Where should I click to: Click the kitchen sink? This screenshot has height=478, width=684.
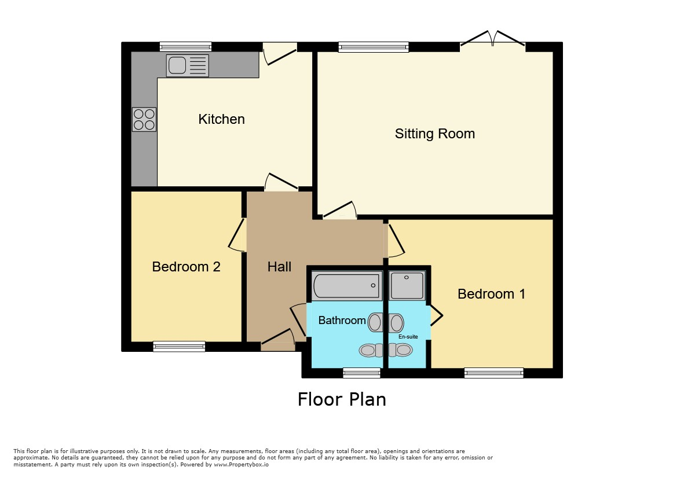[x=188, y=65]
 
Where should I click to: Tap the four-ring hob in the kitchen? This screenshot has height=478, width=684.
[x=144, y=119]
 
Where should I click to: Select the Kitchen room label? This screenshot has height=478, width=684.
[x=222, y=119]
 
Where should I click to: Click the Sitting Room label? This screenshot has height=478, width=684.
[x=435, y=133]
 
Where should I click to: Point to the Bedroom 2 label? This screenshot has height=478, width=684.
[x=186, y=267]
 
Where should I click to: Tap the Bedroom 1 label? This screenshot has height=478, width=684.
[x=491, y=294]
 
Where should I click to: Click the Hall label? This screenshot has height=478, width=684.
[x=279, y=267]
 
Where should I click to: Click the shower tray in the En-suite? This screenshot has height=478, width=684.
[x=407, y=285]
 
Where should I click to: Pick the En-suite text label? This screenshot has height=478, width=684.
[x=408, y=336]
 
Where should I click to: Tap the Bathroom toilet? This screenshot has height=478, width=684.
[x=371, y=350]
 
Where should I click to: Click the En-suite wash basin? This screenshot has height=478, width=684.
[x=396, y=323]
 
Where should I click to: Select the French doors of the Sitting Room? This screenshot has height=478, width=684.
[x=492, y=39]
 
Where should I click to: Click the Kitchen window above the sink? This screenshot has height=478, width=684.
[x=185, y=47]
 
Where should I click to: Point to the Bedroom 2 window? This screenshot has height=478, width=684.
[x=179, y=347]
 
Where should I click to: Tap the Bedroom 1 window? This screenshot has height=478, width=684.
[x=494, y=373]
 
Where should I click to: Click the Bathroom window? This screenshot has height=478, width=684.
[x=361, y=373]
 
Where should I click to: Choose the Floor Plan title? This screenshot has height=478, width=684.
[x=342, y=399]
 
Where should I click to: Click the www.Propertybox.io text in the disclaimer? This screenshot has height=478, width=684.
[x=242, y=465]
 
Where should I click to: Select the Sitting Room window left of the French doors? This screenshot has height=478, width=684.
[x=374, y=47]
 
